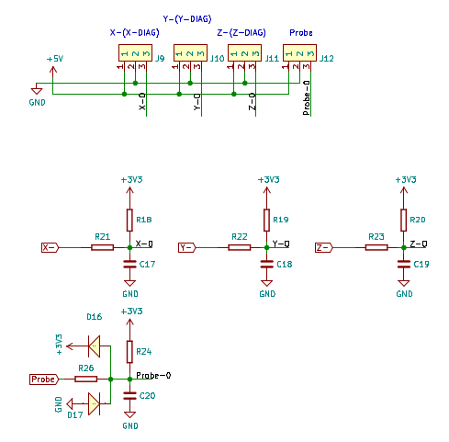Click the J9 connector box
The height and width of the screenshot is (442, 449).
click(x=135, y=53)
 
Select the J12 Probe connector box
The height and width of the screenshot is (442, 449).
click(x=299, y=53)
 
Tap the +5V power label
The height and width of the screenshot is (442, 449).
click(x=55, y=59)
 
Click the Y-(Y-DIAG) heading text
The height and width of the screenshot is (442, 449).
click(x=187, y=19)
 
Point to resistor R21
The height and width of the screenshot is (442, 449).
click(x=102, y=247)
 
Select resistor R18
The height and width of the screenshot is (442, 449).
click(x=129, y=220)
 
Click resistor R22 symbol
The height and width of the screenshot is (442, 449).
click(x=240, y=247)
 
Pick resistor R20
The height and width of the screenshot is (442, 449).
click(x=404, y=220)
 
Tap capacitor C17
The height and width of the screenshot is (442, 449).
click(x=129, y=264)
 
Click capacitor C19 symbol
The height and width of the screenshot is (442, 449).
click(x=404, y=264)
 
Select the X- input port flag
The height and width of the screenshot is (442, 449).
click(x=50, y=247)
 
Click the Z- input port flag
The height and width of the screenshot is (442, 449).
click(x=323, y=247)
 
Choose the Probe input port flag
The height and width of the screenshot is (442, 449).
click(x=44, y=380)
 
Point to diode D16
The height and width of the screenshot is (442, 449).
click(x=94, y=346)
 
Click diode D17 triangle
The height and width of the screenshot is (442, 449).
click(x=94, y=403)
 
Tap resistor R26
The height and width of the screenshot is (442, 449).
click(x=86, y=380)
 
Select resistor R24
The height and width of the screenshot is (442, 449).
click(x=129, y=352)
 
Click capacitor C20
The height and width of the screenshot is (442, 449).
click(x=129, y=396)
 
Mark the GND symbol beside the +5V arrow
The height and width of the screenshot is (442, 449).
click(x=37, y=91)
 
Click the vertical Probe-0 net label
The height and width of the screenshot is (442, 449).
click(x=306, y=98)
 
